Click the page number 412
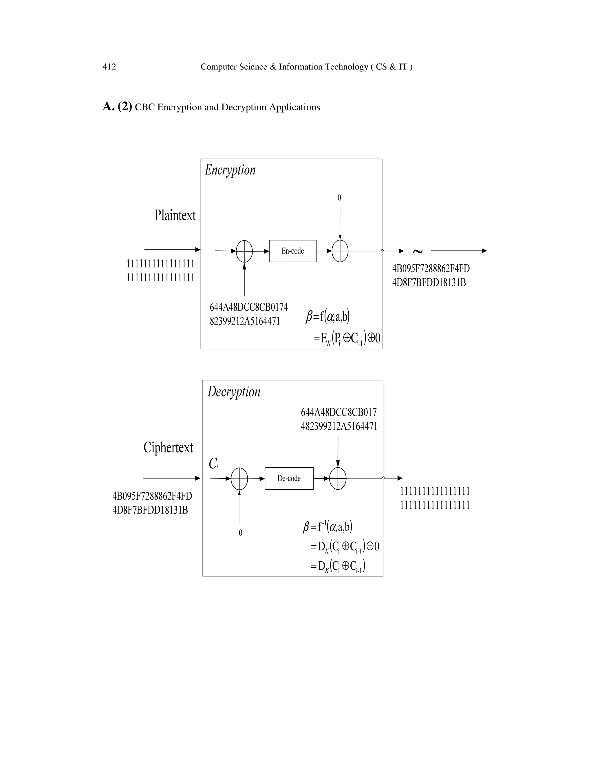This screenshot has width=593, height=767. tap(109, 67)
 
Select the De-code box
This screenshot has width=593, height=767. tap(289, 478)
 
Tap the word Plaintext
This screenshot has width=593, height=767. tap(175, 215)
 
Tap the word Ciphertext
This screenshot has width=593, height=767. tap(168, 447)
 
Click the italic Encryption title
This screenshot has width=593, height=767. tap(230, 170)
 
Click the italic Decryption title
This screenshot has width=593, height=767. tap(234, 392)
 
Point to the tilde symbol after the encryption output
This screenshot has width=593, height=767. tap(417, 251)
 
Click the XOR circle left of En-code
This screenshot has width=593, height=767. tap(244, 251)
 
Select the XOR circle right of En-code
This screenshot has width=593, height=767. tap(340, 251)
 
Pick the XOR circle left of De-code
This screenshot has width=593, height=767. tap(239, 478)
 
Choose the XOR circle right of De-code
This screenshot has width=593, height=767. tap(338, 478)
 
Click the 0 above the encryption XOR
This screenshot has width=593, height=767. tap(339, 198)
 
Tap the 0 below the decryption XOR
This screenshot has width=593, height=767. tap(240, 533)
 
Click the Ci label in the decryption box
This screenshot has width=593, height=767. tap(213, 464)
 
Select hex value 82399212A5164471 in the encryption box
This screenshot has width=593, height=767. tap(245, 321)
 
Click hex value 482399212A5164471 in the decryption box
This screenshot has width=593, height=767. tap(339, 426)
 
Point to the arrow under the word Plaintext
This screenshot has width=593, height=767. tap(172, 250)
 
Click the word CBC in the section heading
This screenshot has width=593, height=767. tap(145, 107)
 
